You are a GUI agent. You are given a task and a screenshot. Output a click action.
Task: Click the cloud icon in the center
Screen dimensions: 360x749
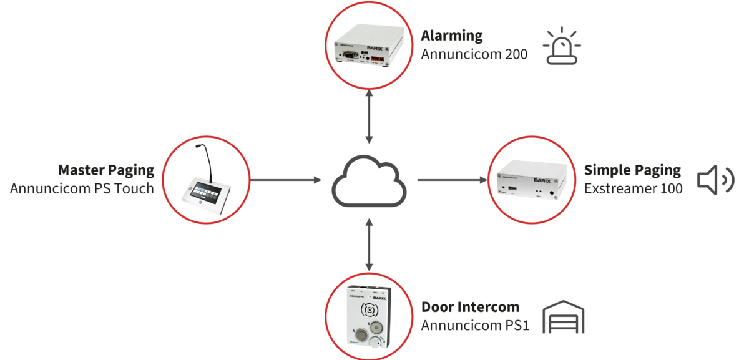(369, 181)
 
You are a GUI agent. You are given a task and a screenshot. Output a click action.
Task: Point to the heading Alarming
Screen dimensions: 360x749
(452, 35)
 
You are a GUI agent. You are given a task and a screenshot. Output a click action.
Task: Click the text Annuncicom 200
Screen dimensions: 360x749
(474, 54)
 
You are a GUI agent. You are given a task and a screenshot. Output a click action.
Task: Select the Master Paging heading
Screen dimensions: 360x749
(105, 170)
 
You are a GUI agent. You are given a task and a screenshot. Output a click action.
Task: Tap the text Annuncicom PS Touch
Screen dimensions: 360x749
(82, 188)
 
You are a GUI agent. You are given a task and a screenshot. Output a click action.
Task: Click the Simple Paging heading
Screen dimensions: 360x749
(632, 170)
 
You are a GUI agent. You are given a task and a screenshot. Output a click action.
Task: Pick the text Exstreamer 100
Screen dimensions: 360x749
(634, 188)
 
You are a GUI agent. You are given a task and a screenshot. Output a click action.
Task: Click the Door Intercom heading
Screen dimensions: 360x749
(470, 306)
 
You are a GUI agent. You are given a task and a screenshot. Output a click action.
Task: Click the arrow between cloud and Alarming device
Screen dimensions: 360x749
(370, 116)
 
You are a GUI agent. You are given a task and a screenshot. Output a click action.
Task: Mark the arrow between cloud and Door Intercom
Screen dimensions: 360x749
(370, 245)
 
